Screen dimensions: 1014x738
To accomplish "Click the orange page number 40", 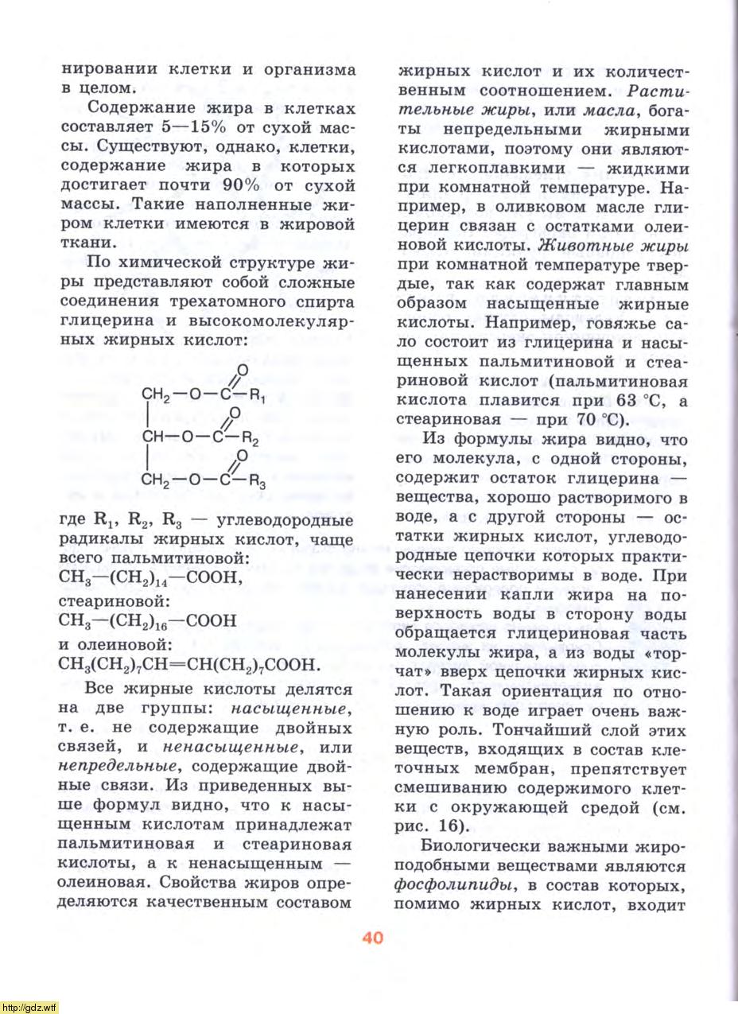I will click(x=372, y=937).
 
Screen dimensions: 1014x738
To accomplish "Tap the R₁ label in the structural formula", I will click(x=256, y=395).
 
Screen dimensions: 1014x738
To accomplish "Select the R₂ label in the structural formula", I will click(x=251, y=438).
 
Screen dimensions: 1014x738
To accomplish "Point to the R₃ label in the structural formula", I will click(x=256, y=481).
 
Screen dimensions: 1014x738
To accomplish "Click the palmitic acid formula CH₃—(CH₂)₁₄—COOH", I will click(x=150, y=578).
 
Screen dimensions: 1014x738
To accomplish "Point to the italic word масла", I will click(x=607, y=110).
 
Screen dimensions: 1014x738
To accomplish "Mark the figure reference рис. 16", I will click(x=433, y=827).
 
